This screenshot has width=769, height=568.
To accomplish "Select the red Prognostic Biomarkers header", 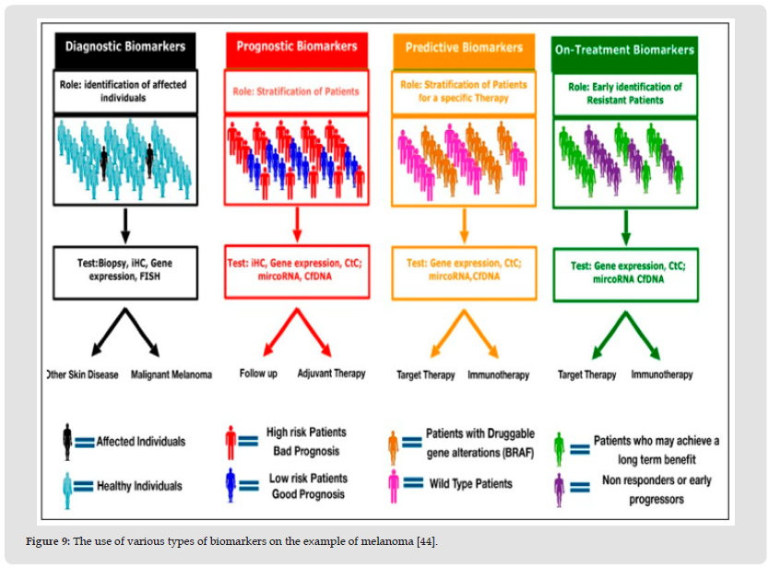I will point(297,46).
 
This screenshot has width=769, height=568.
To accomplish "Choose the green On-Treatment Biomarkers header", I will point(625,50).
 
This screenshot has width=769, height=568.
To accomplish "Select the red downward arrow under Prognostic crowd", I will point(296,224).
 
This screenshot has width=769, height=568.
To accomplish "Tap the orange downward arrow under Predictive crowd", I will point(464,224).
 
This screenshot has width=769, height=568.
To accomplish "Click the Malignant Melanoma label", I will point(171,375).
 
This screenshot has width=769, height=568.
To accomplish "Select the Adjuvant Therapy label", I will point(331,373).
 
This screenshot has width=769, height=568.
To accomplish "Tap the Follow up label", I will point(258,373).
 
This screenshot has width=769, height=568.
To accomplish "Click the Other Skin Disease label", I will point(81,375).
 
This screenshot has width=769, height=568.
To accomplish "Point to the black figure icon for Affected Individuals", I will point(67,443).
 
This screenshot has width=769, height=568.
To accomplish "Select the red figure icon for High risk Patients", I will point(231,441).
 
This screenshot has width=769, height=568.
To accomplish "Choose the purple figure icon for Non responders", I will point(559,489).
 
